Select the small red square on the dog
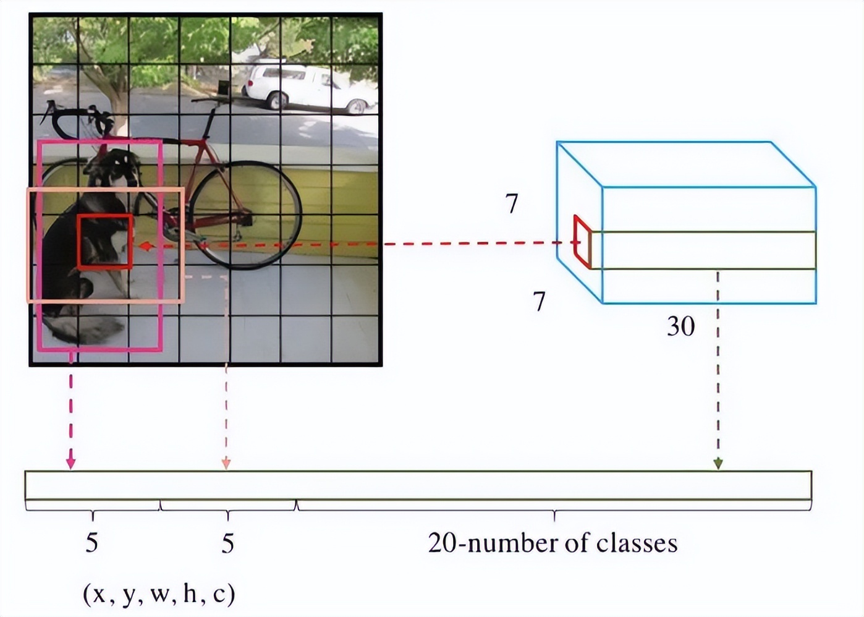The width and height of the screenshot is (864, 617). point(105,241)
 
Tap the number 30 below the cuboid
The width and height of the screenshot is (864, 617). point(680,326)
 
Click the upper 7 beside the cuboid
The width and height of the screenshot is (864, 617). point(512,204)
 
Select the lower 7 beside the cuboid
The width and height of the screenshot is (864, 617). point(540,302)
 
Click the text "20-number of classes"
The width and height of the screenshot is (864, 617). point(553,543)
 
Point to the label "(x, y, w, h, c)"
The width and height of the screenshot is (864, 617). point(159,594)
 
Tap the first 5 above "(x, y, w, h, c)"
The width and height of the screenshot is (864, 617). point(91,543)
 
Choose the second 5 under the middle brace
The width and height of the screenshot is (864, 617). point(228,543)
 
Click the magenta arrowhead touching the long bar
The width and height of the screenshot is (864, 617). point(71,462)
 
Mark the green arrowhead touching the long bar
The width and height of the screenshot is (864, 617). point(718,463)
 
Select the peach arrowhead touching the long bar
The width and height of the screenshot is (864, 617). point(226,463)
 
